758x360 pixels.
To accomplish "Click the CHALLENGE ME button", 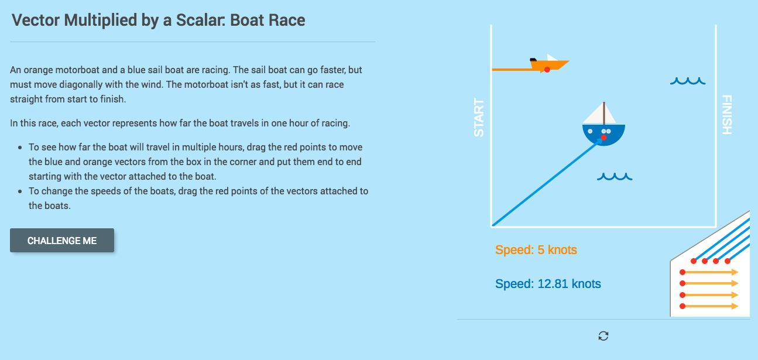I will pos(62,241).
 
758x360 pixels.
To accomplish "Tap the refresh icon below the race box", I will pos(603,336).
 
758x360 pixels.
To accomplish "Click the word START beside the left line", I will pos(479,118).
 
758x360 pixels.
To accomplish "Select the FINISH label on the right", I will pos(726,115).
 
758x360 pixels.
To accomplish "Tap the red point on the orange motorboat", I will pos(547,70).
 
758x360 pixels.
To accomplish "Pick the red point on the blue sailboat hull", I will pos(603,138).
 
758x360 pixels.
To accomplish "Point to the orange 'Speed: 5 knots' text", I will pos(536,250).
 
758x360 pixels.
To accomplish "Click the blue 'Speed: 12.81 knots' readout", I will pos(548,284).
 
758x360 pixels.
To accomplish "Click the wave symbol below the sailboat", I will pos(614,176).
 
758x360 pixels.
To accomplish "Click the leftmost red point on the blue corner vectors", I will pos(694,260).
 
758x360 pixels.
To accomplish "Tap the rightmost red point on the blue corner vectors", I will pos(728,260).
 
